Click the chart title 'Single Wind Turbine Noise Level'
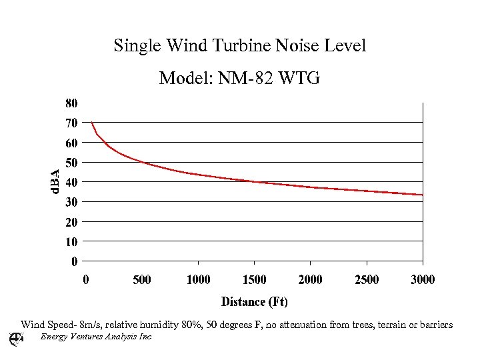[240, 46]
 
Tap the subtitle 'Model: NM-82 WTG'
[240, 79]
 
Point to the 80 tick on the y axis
[71, 103]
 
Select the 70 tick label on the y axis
[71, 123]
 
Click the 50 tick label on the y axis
[71, 162]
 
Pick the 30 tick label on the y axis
[71, 201]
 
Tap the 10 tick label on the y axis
[71, 241]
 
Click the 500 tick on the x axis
[142, 279]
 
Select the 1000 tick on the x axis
[198, 279]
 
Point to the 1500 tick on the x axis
[254, 279]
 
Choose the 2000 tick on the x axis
[311, 279]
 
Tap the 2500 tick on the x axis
[367, 279]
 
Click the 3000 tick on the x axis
[423, 279]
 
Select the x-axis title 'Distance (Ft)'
[255, 302]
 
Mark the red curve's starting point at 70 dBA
[92, 123]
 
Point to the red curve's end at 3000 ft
[422, 195]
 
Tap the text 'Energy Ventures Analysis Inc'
[96, 337]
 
